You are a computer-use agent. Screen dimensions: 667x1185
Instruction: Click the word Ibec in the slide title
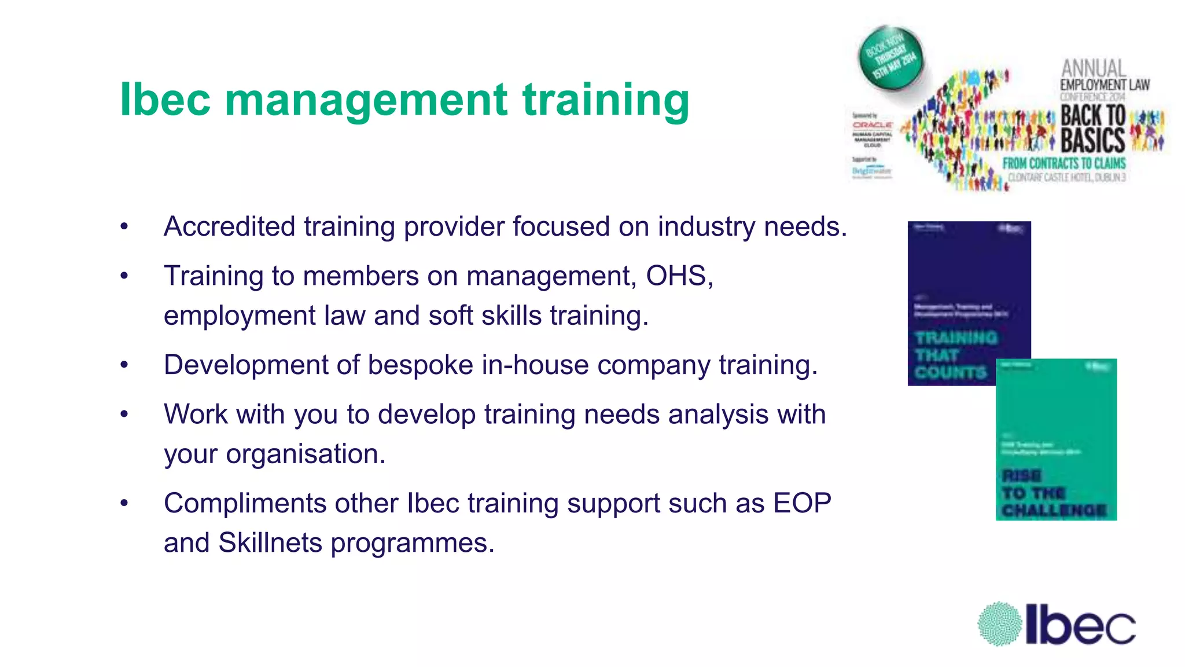tap(164, 100)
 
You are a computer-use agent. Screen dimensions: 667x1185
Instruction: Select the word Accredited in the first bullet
tap(229, 226)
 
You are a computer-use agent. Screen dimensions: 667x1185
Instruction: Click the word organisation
tap(306, 454)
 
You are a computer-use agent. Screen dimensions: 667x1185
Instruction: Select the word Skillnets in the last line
tap(270, 543)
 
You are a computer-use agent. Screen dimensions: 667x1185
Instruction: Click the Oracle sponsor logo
tap(872, 125)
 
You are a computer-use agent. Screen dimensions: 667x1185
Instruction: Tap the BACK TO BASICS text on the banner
tap(1092, 128)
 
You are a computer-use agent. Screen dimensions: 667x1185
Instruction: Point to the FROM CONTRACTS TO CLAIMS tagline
tap(1063, 163)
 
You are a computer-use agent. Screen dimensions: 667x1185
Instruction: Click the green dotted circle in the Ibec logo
tap(999, 624)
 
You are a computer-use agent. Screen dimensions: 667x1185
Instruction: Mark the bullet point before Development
tap(124, 365)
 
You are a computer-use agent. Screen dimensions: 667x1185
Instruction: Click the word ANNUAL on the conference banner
tap(1092, 68)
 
